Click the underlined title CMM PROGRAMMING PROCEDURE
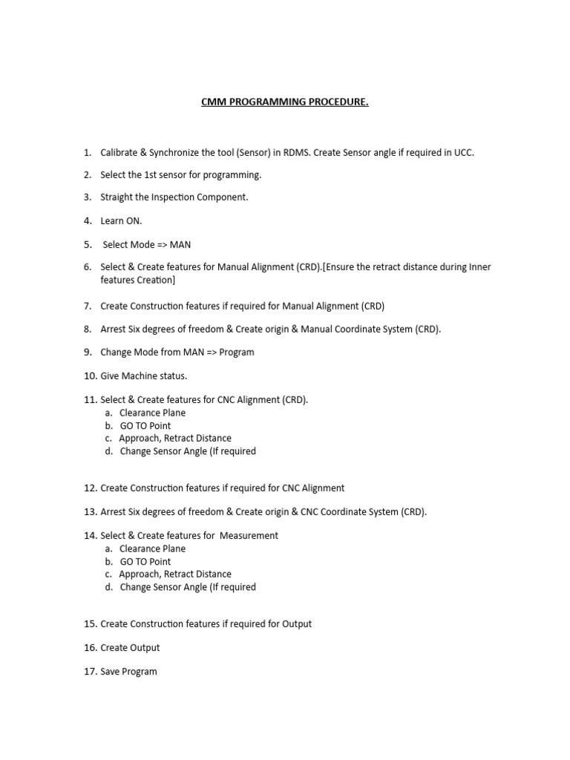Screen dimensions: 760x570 (x=284, y=102)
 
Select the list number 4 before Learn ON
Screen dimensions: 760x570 (x=88, y=220)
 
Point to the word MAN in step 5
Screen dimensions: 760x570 (x=180, y=245)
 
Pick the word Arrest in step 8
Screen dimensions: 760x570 (x=115, y=329)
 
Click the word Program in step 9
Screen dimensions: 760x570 (x=237, y=352)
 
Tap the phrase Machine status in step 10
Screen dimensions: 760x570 (x=155, y=376)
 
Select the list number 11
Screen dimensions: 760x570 (x=91, y=399)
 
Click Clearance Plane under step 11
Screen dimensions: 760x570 (x=152, y=413)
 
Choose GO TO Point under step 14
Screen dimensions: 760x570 (x=145, y=562)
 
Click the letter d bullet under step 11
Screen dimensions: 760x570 (x=109, y=451)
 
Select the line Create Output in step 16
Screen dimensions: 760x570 (x=130, y=647)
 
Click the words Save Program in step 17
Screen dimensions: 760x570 (x=128, y=672)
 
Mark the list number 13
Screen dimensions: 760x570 (x=91, y=511)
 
